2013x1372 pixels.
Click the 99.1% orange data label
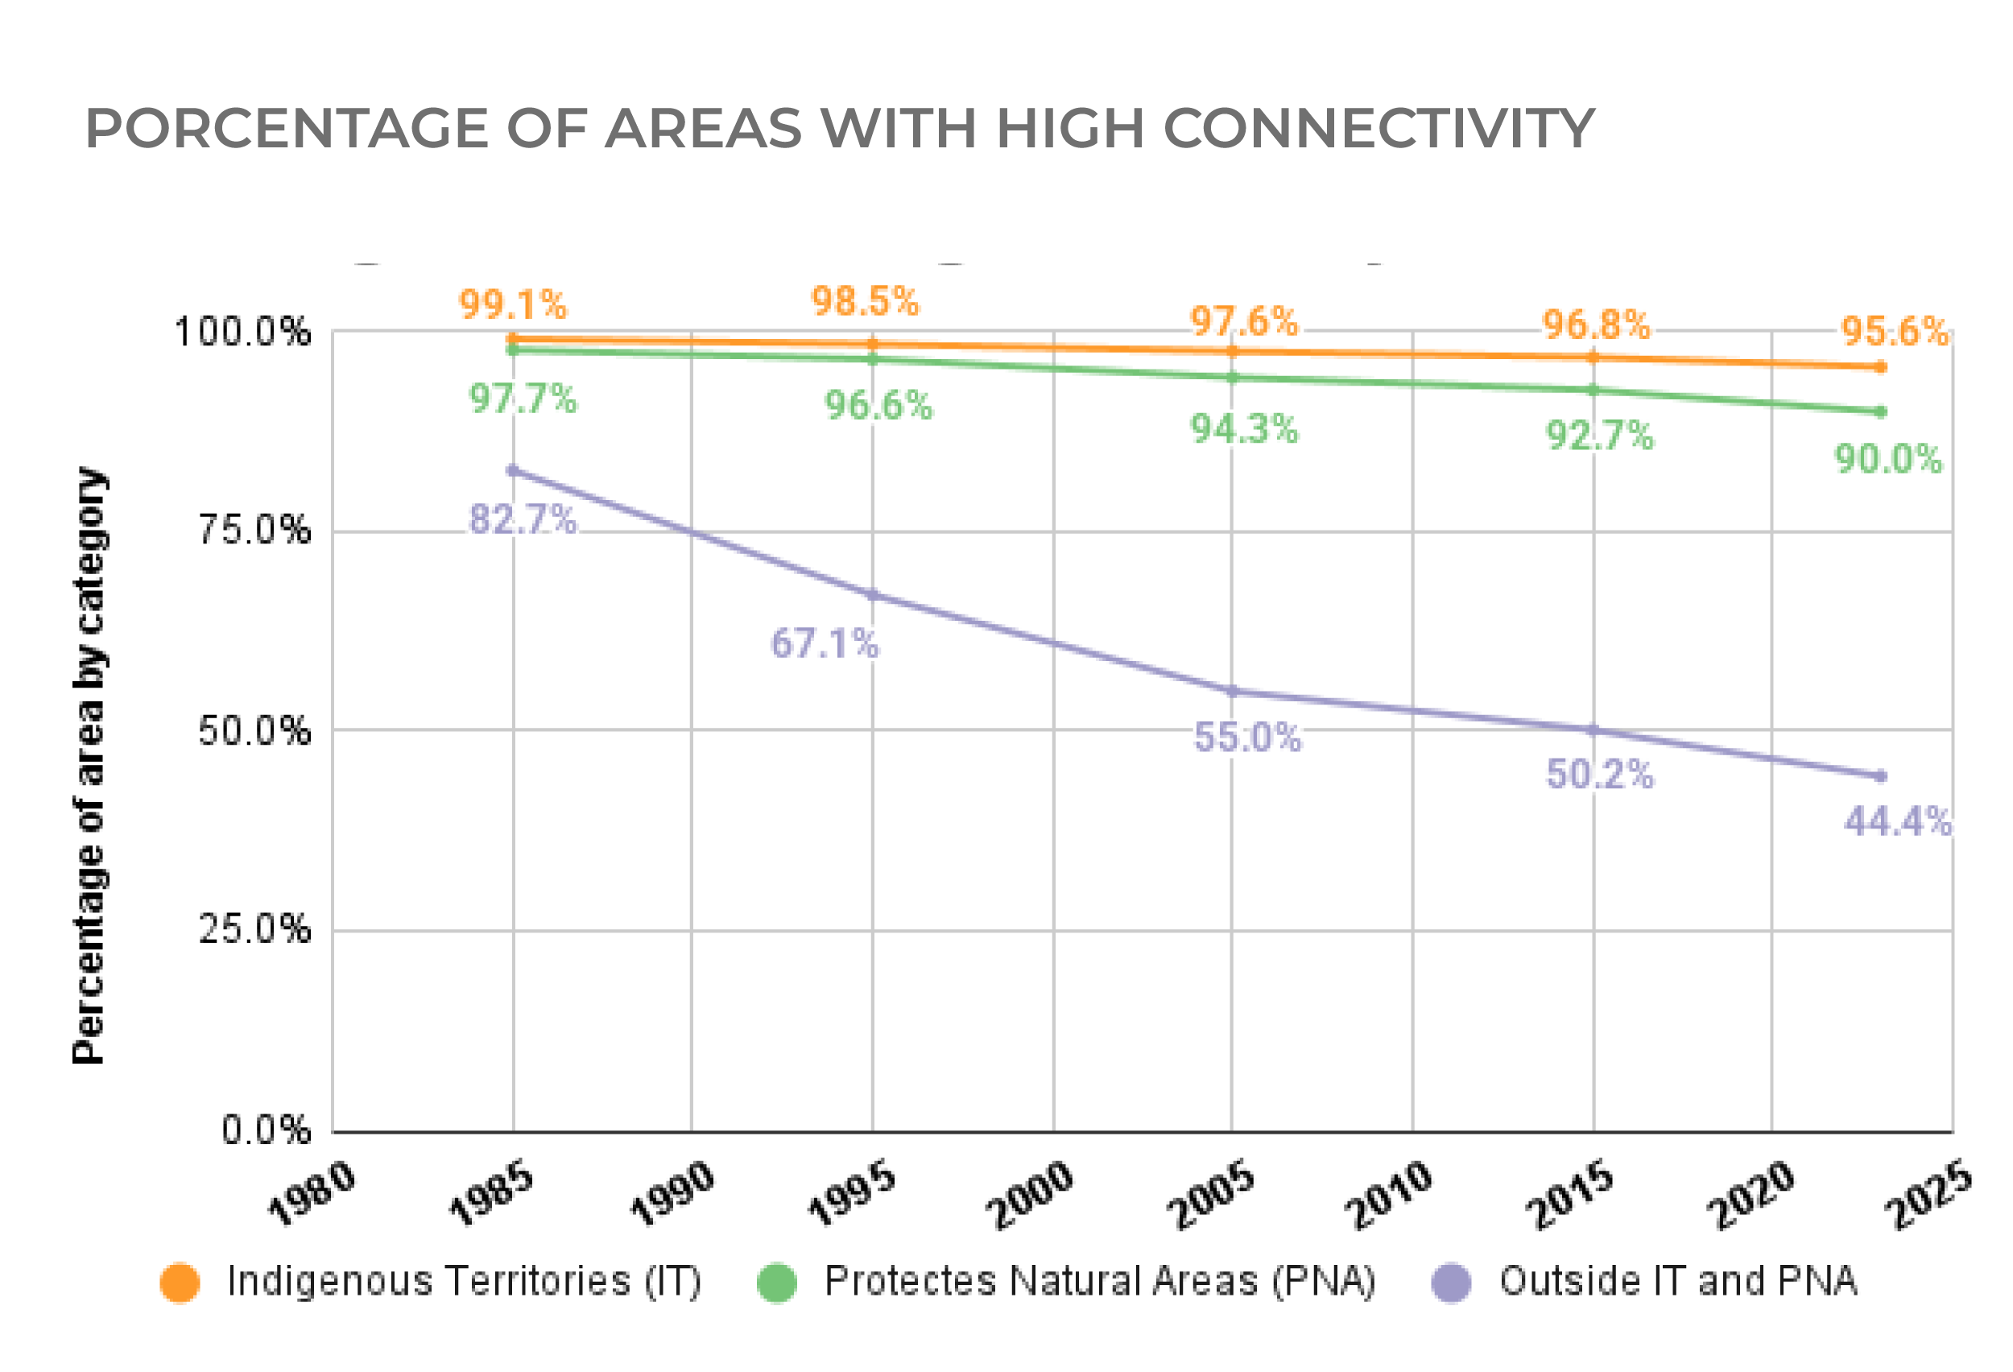pyautogui.click(x=513, y=305)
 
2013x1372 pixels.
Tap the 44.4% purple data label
pyautogui.click(x=1897, y=821)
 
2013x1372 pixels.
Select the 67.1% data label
pyautogui.click(x=825, y=643)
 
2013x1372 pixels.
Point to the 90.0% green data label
pyautogui.click(x=1888, y=459)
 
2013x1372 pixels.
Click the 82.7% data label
pyautogui.click(x=523, y=519)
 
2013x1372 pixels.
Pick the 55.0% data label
pyautogui.click(x=1247, y=737)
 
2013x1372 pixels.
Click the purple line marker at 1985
pyautogui.click(x=513, y=470)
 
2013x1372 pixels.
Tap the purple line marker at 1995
pyautogui.click(x=872, y=595)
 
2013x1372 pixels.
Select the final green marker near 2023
pyautogui.click(x=1879, y=411)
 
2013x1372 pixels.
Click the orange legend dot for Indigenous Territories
pyautogui.click(x=180, y=1283)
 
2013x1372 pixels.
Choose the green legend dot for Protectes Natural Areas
pyautogui.click(x=777, y=1283)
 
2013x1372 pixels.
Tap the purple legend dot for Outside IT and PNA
pyautogui.click(x=1452, y=1283)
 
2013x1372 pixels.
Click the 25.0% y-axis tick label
pyautogui.click(x=254, y=930)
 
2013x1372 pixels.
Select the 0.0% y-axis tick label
pyautogui.click(x=265, y=1130)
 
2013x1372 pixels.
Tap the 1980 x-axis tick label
pyautogui.click(x=312, y=1196)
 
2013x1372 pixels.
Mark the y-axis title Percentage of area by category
pyautogui.click(x=89, y=766)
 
